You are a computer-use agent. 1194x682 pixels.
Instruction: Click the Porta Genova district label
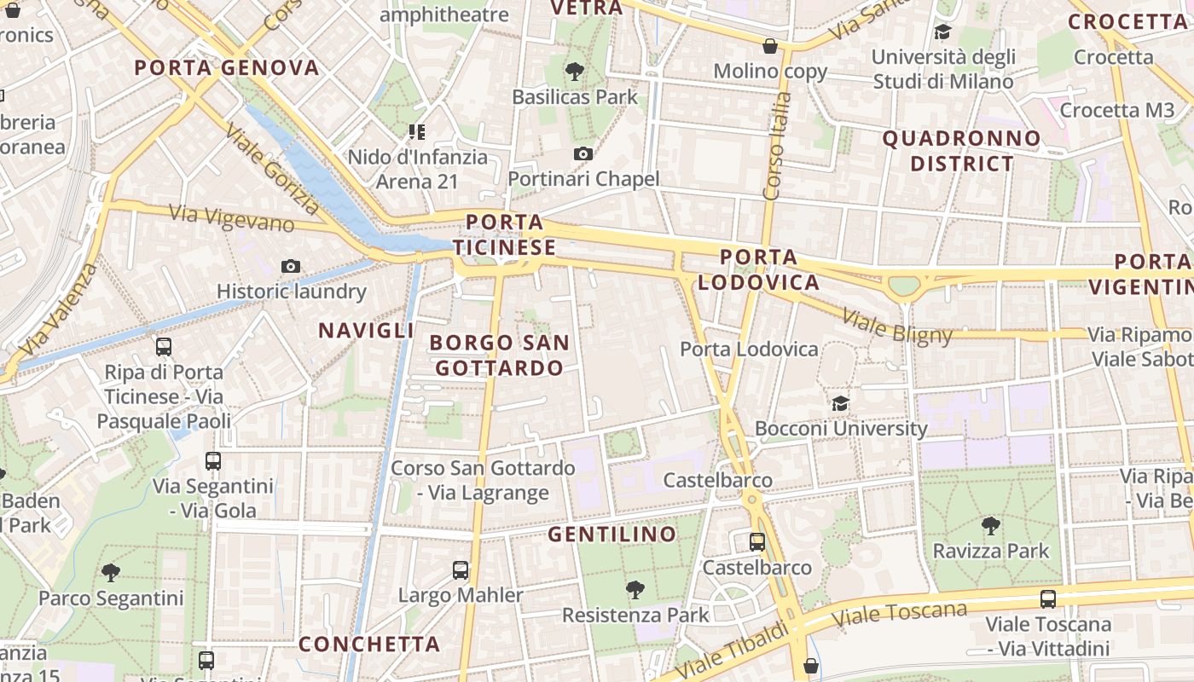[x=227, y=68]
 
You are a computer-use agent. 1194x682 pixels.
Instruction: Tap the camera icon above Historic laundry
[x=291, y=267]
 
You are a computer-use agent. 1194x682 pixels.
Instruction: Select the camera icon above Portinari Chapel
[x=583, y=153]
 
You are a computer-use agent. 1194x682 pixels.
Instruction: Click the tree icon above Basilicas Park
[x=575, y=72]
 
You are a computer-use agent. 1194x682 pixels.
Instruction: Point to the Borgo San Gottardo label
[x=499, y=355]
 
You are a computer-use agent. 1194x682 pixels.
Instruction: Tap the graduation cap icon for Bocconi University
[x=841, y=403]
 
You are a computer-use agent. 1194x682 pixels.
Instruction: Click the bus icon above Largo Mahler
[x=461, y=570]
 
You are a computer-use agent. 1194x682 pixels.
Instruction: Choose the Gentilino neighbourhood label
[x=612, y=535]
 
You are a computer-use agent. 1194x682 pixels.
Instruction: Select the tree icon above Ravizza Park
[x=990, y=525]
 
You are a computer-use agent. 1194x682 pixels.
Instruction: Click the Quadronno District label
[x=961, y=151]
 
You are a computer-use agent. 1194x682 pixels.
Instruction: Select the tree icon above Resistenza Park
[x=635, y=589]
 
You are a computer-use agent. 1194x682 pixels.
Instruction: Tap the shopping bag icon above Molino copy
[x=770, y=46]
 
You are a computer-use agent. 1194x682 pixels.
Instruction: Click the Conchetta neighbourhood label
[x=369, y=644]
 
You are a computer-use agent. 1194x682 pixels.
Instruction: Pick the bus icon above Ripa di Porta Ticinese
[x=164, y=347]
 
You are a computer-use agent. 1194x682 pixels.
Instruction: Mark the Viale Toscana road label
[x=903, y=614]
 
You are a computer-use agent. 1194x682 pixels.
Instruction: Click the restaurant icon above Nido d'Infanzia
[x=417, y=132]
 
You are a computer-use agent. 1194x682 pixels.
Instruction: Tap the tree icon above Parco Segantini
[x=110, y=572]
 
